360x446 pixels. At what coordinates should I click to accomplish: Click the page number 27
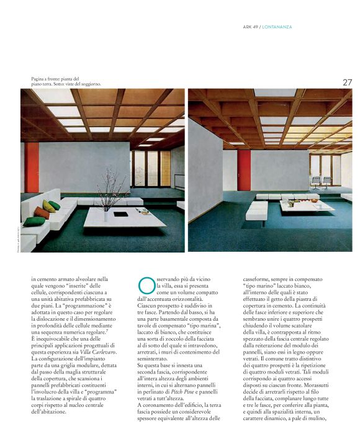347,82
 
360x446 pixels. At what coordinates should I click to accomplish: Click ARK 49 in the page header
250,27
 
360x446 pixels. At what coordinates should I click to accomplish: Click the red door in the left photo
32,167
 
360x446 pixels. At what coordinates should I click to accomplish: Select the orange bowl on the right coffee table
291,203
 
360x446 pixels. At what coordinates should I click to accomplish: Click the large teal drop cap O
145,284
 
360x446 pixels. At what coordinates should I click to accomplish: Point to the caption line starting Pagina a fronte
56,79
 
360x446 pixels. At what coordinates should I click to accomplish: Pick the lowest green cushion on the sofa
34,221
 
